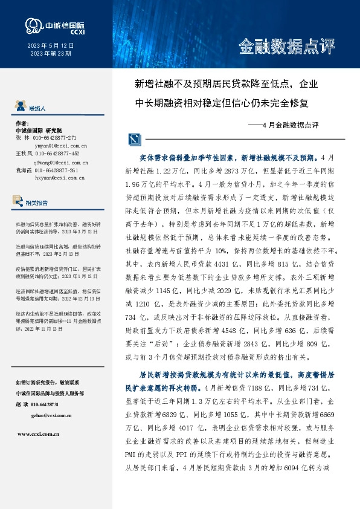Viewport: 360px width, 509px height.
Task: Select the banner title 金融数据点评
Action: coord(287,47)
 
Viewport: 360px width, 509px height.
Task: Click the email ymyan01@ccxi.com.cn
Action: coord(60,146)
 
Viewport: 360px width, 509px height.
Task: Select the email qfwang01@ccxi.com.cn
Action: coord(60,163)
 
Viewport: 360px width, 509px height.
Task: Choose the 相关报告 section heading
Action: coord(37,203)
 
